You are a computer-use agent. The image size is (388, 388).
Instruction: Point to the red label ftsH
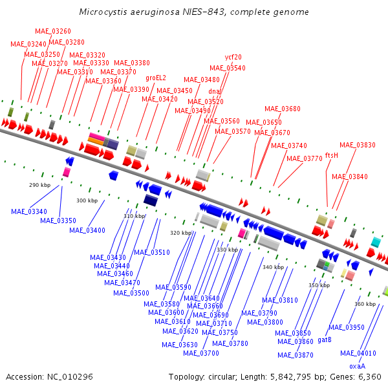(x=331, y=155)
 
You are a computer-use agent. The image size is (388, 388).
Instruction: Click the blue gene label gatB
(x=325, y=339)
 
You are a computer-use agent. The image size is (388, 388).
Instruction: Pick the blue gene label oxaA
(x=357, y=366)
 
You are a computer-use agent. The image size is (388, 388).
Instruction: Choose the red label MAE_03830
(x=357, y=145)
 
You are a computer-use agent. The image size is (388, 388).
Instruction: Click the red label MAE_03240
(x=28, y=44)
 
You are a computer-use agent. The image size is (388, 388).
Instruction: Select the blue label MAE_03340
(x=29, y=211)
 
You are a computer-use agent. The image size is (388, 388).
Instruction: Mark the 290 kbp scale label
(x=39, y=185)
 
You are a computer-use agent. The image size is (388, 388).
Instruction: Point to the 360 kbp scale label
(x=365, y=304)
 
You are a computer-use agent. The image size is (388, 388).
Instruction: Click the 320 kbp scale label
(x=180, y=233)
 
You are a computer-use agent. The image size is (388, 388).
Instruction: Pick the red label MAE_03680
(x=283, y=109)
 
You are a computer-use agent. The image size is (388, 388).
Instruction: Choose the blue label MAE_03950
(x=346, y=327)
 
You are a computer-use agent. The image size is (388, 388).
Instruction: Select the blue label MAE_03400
(x=87, y=230)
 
